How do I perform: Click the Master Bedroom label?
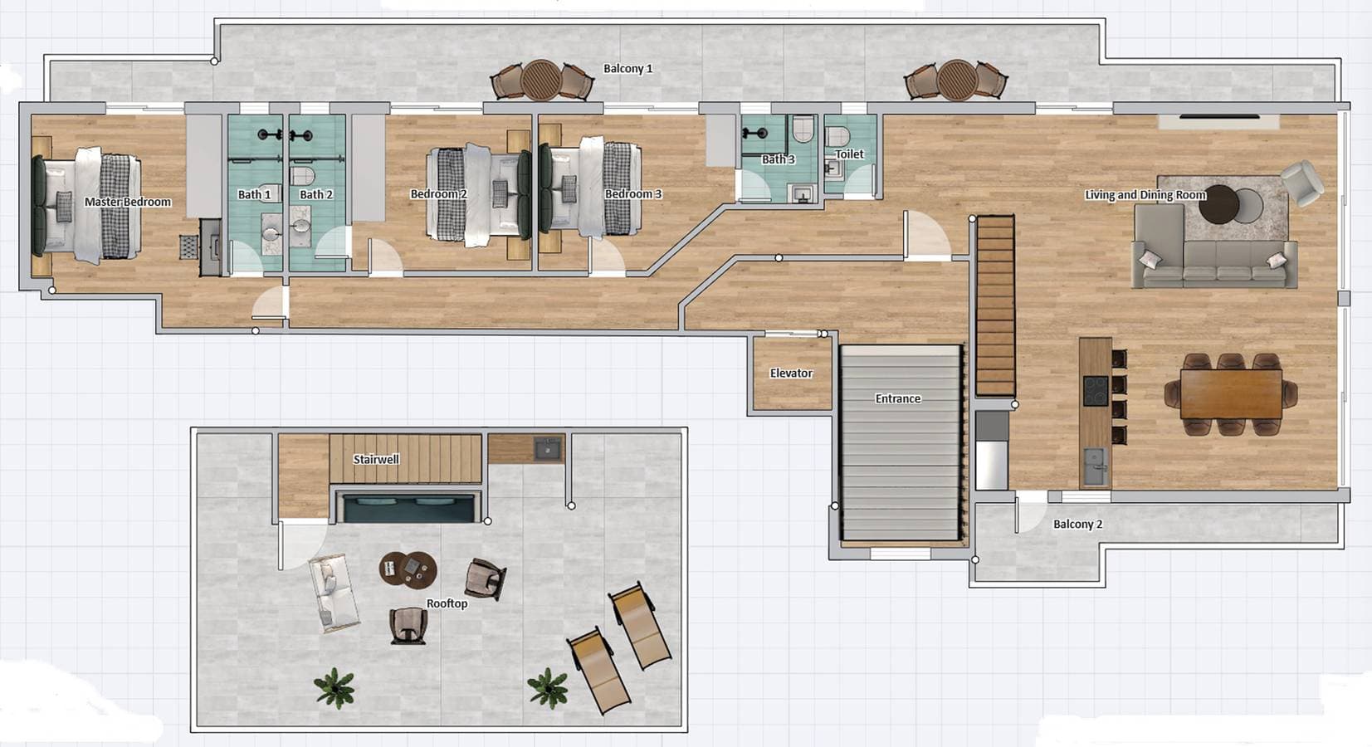click(x=127, y=202)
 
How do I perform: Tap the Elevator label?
click(x=791, y=373)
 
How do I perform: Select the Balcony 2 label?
click(x=1077, y=524)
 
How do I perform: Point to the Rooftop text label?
click(x=447, y=603)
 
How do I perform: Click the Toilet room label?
click(x=850, y=154)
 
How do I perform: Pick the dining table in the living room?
click(x=1231, y=393)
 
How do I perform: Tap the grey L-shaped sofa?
click(x=1214, y=247)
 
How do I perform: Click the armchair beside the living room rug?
click(x=1301, y=182)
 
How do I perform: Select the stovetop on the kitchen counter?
click(x=1095, y=391)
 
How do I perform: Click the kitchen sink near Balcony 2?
click(x=1095, y=466)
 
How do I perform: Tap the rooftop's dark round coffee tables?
click(x=408, y=569)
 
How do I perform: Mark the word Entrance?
click(x=898, y=398)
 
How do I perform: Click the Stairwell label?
click(x=376, y=459)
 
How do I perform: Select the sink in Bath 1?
click(x=270, y=234)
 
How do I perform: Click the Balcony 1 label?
click(x=627, y=69)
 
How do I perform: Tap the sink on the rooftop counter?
click(x=547, y=449)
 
